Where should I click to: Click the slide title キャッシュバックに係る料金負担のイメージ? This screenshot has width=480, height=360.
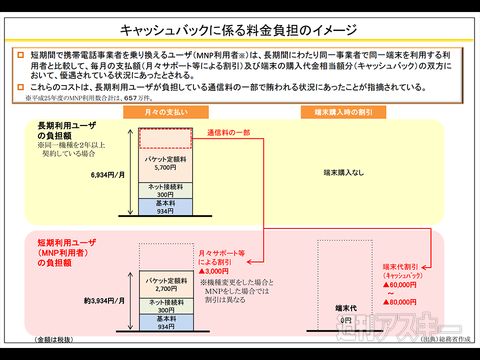pyautogui.click(x=240, y=33)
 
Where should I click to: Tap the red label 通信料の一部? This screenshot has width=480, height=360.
pyautogui.click(x=229, y=132)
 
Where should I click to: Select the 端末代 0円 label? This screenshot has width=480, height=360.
pyautogui.click(x=346, y=315)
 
